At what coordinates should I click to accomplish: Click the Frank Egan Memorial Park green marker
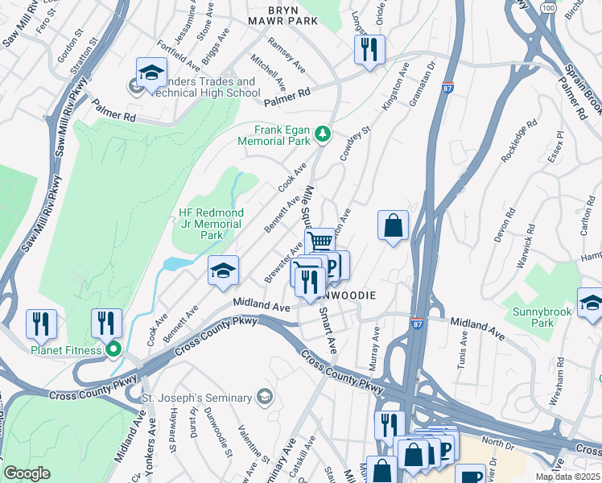point(322,133)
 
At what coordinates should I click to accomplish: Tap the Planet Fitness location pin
point(113,349)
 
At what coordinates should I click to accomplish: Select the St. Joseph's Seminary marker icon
point(264,396)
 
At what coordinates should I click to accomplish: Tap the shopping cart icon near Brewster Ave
point(320,241)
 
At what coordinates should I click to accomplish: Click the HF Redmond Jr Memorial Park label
point(210,224)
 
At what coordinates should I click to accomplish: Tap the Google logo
point(27,473)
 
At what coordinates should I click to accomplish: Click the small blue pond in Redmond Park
point(178,263)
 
